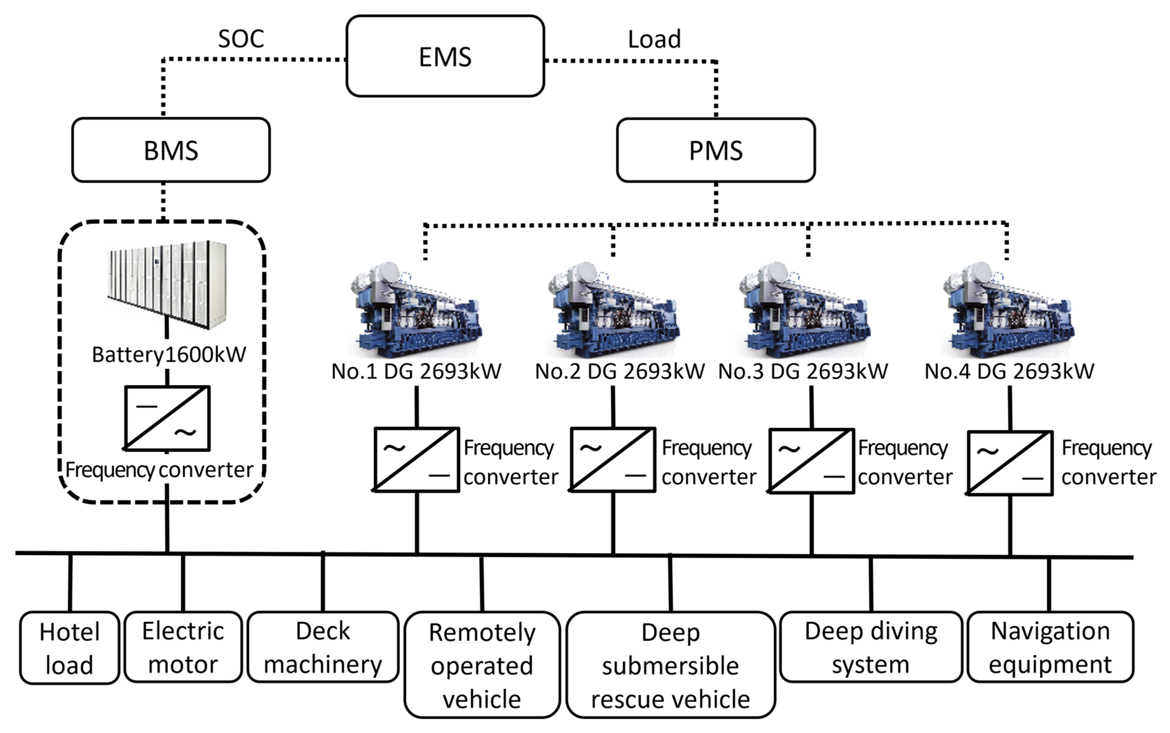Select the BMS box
point(171,150)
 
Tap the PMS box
point(716,150)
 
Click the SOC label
point(241,39)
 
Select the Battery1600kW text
point(169,354)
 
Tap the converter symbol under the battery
point(167,418)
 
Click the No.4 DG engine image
point(1008,310)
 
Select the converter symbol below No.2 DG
point(613,460)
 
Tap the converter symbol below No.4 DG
point(1010,463)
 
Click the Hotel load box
point(69,648)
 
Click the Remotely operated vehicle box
point(482,665)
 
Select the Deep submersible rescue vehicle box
point(671,665)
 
